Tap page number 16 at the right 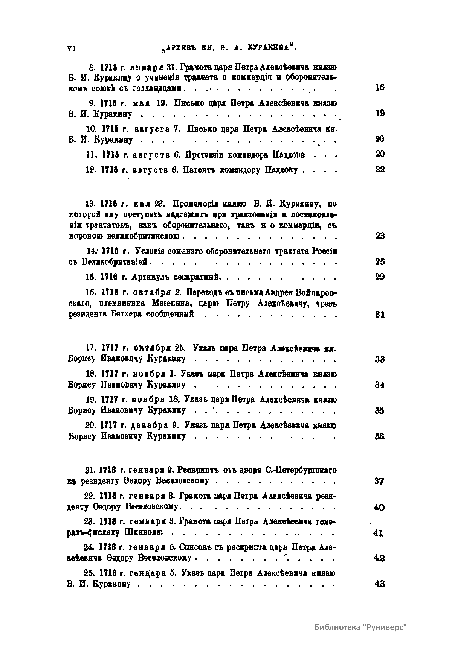pos(380,88)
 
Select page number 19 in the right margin pos(380,114)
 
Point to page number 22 pos(380,170)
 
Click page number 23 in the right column pos(380,236)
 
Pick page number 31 pos(380,314)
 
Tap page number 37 pos(379,481)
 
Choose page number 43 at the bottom pos(379,584)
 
